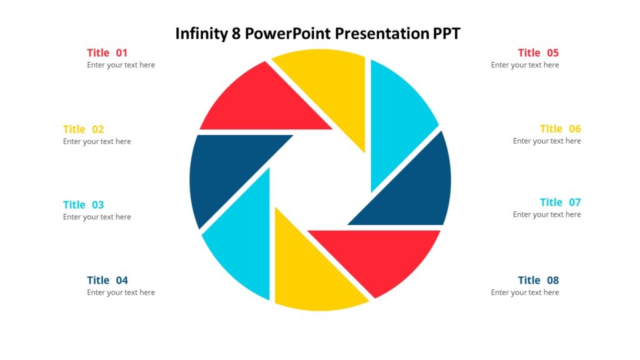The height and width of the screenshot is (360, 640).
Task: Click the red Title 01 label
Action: click(x=107, y=53)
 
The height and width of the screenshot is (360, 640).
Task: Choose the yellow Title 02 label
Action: click(x=83, y=129)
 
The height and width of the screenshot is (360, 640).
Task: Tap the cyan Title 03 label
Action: click(x=83, y=205)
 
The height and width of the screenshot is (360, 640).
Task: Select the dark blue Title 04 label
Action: click(x=107, y=281)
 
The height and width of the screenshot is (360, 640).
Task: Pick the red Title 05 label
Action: click(x=538, y=53)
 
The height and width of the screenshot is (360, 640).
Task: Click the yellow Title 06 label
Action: click(x=560, y=129)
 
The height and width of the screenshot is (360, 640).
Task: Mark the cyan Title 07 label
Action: click(x=560, y=202)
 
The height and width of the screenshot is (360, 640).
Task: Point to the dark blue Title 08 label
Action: click(x=538, y=281)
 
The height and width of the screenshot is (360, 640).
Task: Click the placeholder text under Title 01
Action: click(x=121, y=65)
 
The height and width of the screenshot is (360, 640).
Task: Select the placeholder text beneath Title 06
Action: click(x=547, y=141)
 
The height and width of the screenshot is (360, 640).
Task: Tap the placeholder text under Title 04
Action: click(x=121, y=292)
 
